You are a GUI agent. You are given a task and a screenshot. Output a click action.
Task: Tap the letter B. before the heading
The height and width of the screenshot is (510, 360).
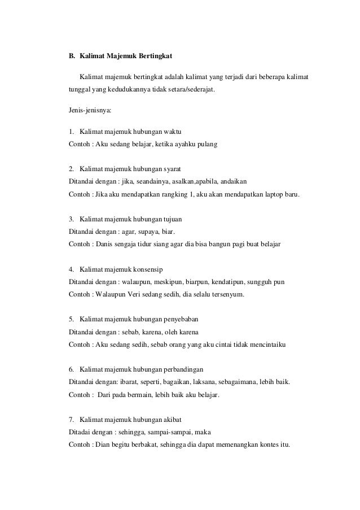pos(72,56)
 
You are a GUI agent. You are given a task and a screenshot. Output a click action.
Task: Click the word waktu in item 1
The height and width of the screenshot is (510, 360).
pos(176,132)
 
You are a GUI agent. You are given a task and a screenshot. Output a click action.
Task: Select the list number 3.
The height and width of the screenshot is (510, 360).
pos(71,219)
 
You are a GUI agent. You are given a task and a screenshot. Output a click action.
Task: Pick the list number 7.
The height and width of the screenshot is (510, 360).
pos(71,419)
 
